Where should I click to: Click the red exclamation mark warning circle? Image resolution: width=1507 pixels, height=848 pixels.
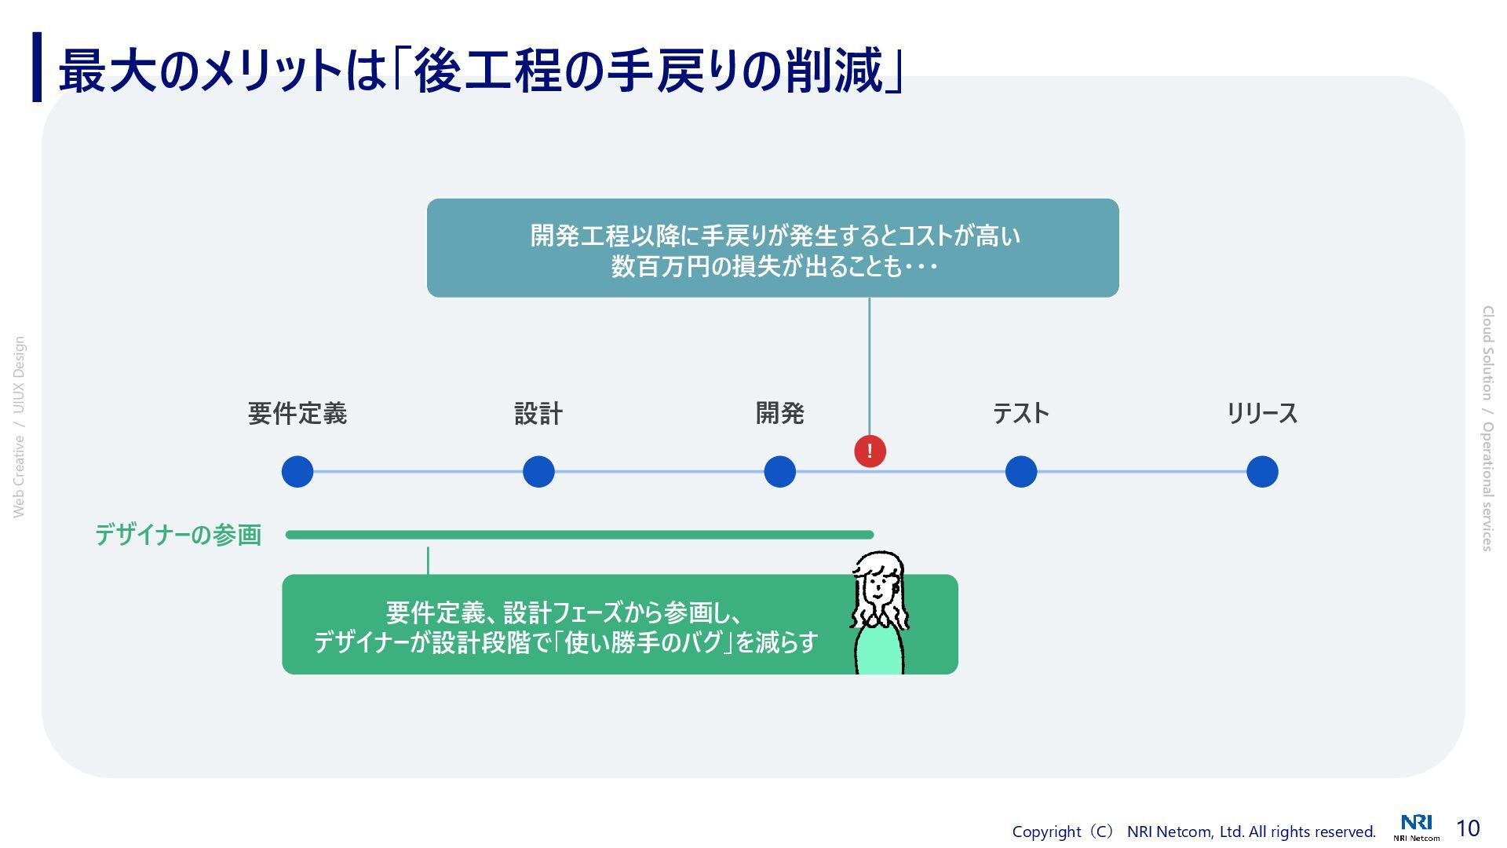[870, 451]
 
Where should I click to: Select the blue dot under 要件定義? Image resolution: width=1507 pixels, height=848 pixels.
[297, 472]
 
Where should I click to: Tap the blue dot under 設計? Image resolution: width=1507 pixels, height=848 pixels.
[538, 472]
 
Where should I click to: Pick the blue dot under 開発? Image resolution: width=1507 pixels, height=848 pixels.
[779, 472]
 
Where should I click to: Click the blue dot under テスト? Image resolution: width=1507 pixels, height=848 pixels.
[1021, 472]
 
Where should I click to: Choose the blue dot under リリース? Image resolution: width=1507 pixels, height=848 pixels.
[1262, 472]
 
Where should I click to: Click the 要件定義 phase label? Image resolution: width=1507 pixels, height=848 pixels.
[297, 413]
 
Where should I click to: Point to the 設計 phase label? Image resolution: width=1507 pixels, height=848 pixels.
[538, 413]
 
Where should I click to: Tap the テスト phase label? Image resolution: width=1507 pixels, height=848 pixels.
[1021, 413]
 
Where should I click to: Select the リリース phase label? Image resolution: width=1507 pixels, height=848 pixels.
[1262, 413]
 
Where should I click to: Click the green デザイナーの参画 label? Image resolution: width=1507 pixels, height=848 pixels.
[178, 535]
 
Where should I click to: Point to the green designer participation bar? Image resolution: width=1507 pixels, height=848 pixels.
[579, 535]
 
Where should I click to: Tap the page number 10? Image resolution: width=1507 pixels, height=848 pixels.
[1468, 828]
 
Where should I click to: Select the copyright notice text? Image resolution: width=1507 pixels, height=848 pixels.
[1193, 832]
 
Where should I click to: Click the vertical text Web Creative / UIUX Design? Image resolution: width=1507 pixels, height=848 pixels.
[19, 427]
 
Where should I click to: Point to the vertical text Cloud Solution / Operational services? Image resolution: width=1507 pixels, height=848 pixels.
[1487, 429]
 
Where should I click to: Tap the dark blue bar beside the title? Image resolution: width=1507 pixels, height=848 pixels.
[37, 68]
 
